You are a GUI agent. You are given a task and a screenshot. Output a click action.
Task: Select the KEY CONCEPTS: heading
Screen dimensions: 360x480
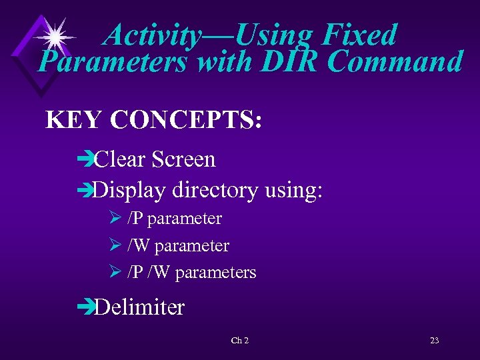coord(153,120)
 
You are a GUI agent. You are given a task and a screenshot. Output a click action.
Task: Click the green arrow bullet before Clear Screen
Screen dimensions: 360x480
coord(85,160)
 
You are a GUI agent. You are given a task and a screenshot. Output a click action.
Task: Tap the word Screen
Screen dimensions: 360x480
coord(184,160)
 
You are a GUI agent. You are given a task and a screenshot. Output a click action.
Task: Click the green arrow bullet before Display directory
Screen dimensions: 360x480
coord(85,191)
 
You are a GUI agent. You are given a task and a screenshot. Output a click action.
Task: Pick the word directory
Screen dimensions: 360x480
coord(214,191)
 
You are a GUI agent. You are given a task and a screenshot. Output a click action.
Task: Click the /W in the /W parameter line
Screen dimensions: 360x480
coord(139,246)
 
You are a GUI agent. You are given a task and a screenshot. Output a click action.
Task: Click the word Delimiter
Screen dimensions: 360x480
coord(139,307)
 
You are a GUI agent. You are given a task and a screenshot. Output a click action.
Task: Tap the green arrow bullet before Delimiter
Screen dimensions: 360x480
coord(85,307)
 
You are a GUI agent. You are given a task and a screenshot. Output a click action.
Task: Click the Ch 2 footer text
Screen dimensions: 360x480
coord(239,341)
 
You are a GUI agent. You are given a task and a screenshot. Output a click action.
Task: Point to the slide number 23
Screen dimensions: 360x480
coord(434,341)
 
